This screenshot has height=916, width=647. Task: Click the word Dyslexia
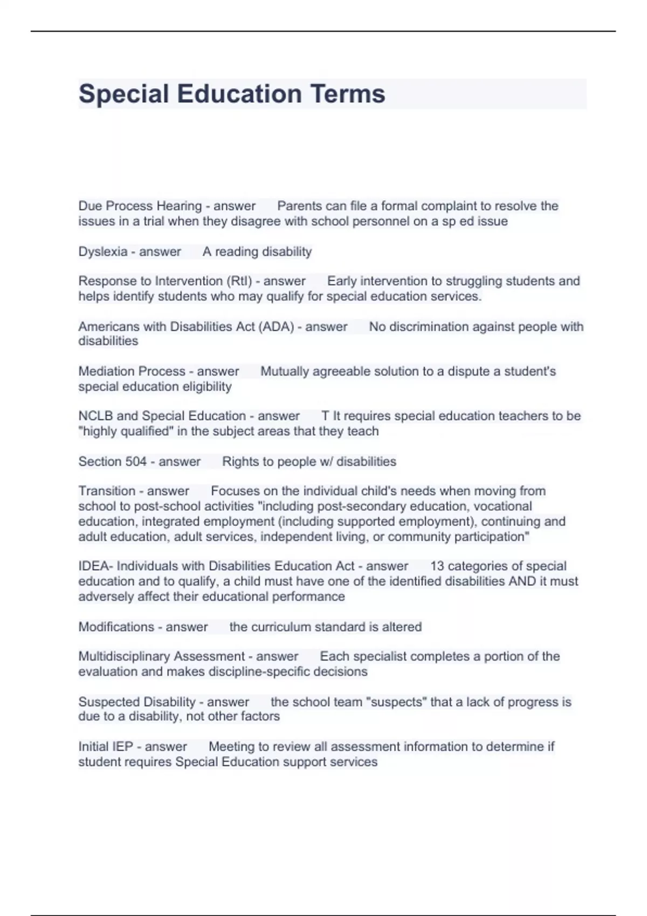(x=103, y=252)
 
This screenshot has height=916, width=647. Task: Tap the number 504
(x=136, y=462)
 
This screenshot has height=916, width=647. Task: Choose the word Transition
(x=107, y=491)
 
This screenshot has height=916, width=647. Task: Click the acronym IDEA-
(x=95, y=566)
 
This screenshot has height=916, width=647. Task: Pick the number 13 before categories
(x=437, y=566)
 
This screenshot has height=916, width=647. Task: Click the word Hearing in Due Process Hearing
(x=179, y=206)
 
